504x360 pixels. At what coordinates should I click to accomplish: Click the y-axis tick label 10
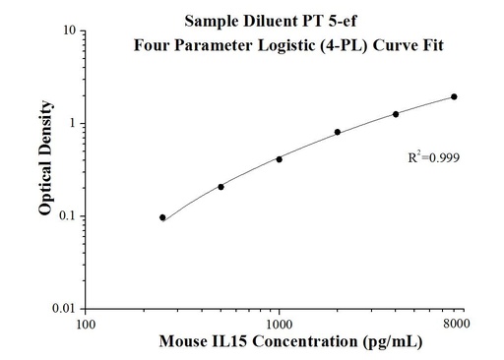click(71, 31)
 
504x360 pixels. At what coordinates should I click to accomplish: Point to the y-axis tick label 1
click(74, 124)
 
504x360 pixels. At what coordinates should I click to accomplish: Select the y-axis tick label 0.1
click(69, 216)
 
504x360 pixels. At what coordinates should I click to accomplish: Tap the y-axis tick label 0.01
click(66, 309)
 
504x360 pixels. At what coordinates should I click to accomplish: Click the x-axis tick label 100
click(87, 323)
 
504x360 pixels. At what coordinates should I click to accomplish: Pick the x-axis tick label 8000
click(455, 323)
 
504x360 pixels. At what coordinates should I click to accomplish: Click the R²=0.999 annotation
click(434, 156)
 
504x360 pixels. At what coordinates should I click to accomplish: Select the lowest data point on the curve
click(162, 217)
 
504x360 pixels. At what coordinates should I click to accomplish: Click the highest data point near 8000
click(454, 96)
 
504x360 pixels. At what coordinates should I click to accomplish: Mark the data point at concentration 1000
click(279, 158)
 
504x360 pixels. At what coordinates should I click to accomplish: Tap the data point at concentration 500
click(220, 186)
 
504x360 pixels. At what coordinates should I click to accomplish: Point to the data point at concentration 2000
click(338, 132)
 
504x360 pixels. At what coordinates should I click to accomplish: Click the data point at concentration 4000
click(396, 114)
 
